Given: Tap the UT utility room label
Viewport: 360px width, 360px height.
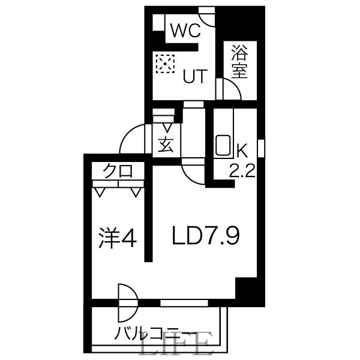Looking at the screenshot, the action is [x=194, y=76].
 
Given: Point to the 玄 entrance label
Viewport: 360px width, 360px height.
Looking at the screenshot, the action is [x=166, y=145].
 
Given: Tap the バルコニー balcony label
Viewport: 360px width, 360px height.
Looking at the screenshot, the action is [x=155, y=332].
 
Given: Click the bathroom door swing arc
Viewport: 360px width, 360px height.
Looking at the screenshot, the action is [x=230, y=90].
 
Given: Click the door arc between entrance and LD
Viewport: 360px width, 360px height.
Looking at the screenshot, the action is [x=194, y=175].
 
